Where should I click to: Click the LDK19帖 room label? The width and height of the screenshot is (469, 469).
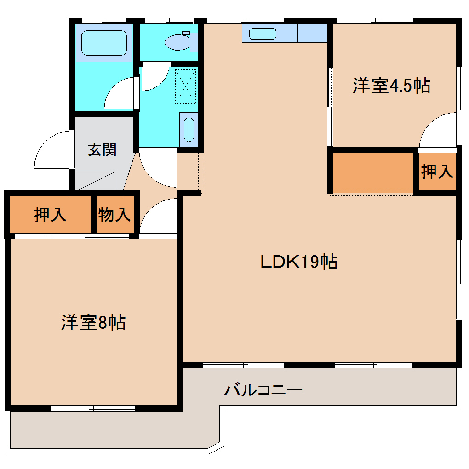[x=299, y=262]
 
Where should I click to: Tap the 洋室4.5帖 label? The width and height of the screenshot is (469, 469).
[x=391, y=86]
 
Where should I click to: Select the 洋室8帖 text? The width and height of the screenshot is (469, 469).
[x=93, y=322]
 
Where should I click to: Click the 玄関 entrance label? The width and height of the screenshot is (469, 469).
[x=102, y=149]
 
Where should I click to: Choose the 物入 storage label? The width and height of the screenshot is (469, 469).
[x=114, y=215]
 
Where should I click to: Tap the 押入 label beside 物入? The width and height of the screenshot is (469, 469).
[x=50, y=215]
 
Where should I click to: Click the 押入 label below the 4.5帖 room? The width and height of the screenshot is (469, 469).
[x=437, y=172]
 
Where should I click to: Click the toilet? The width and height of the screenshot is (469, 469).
[x=179, y=42]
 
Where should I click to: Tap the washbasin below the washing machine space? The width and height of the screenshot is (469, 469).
[x=189, y=129]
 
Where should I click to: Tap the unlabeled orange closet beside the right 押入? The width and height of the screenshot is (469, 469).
[x=372, y=172]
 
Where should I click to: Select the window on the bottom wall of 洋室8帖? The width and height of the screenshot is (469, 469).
[x=93, y=408]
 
